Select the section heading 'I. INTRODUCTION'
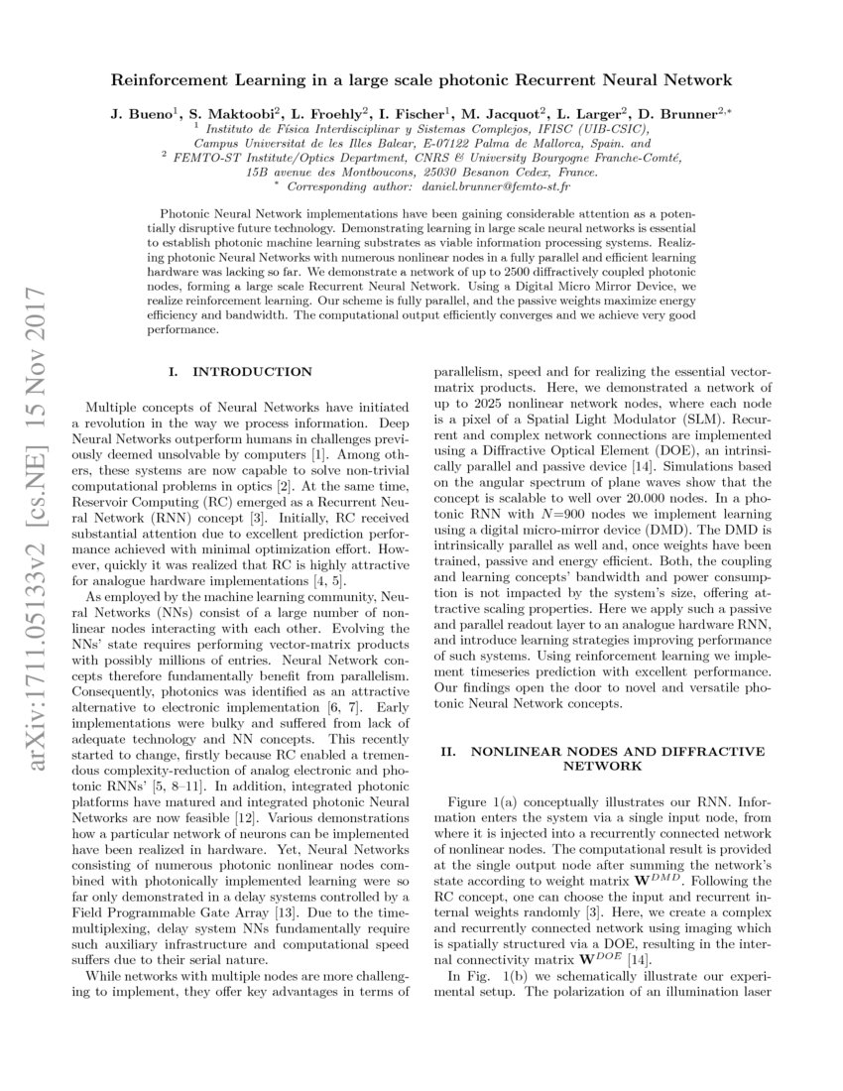[x=240, y=372]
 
